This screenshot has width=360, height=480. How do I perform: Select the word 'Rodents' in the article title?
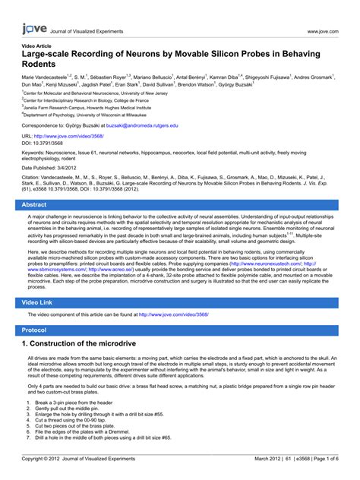(x=43, y=65)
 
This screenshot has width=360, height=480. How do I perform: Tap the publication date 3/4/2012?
(x=77, y=168)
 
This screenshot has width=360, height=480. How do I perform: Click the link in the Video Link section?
(x=172, y=313)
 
